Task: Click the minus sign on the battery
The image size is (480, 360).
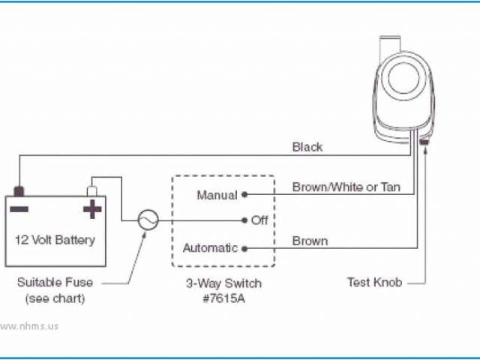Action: coord(20,208)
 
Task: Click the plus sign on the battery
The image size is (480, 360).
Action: coord(91,208)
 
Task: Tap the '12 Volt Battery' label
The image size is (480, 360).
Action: coord(56,241)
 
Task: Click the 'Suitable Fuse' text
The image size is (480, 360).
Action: coord(55,283)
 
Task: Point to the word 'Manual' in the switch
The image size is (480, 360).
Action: coord(217,195)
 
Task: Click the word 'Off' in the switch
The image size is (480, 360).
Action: coord(259,220)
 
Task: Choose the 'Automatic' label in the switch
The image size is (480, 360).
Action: coord(210,247)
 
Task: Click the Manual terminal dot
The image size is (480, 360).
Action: coord(244,195)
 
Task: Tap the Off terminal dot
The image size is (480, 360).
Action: coord(244,220)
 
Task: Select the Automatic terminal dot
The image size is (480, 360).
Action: coord(244,247)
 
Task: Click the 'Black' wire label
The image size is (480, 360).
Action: coord(307,147)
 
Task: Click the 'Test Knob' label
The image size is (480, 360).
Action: coord(374,283)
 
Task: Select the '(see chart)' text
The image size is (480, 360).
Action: coord(55,298)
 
